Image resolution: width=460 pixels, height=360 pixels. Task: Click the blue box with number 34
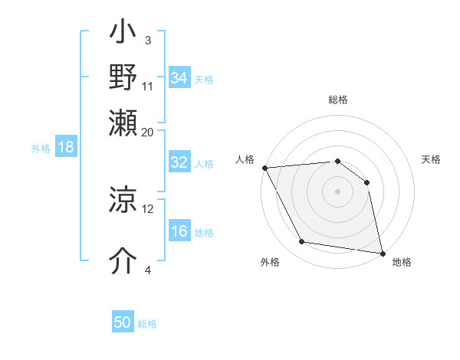pyautogui.click(x=179, y=78)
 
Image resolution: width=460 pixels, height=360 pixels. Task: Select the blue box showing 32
pyautogui.click(x=179, y=162)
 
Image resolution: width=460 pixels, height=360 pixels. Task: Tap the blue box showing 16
pyautogui.click(x=179, y=232)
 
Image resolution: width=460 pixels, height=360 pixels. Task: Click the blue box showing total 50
pyautogui.click(x=123, y=322)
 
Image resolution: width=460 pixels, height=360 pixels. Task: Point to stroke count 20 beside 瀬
pyautogui.click(x=147, y=131)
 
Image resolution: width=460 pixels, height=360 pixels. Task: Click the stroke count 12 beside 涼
pyautogui.click(x=148, y=208)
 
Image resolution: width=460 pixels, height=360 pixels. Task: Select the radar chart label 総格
pyautogui.click(x=337, y=100)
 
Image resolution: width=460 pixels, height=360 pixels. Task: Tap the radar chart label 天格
pyautogui.click(x=431, y=159)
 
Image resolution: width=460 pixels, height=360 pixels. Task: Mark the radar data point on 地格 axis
pyautogui.click(x=383, y=253)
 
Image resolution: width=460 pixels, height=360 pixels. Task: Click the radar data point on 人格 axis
pyautogui.click(x=264, y=168)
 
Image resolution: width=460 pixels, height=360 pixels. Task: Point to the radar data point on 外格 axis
pyautogui.click(x=302, y=242)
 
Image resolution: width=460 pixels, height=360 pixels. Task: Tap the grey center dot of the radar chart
pyautogui.click(x=337, y=191)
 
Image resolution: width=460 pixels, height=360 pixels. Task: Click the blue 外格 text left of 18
pyautogui.click(x=41, y=149)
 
